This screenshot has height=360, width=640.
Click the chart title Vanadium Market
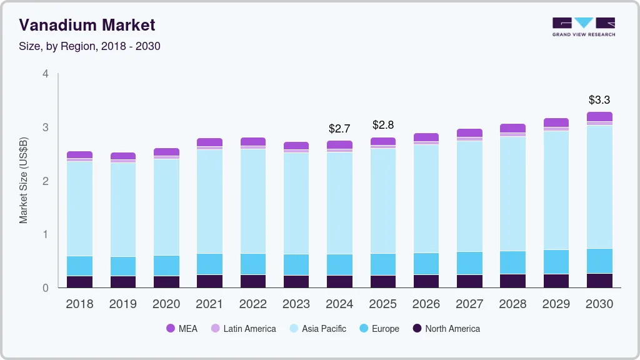[x=87, y=25]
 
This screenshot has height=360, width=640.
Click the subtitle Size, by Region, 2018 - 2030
[x=89, y=46]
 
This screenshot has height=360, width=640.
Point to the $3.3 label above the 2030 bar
[x=599, y=100]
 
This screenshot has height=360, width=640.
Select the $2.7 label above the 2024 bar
[x=339, y=129]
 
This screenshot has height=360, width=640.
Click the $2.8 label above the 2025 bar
[x=382, y=125]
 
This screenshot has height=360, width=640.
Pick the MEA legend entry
[x=182, y=328]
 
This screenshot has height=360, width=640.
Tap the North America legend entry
[x=446, y=328]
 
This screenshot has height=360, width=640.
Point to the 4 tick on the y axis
[x=45, y=74]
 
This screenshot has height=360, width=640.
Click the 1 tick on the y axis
[x=45, y=234]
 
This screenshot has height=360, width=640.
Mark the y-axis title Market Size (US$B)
[x=24, y=181]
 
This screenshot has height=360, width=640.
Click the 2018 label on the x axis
[x=79, y=304]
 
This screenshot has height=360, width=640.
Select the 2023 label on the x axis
[x=296, y=304]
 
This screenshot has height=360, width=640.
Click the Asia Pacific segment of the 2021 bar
[x=209, y=201]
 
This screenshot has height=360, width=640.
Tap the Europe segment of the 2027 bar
[x=469, y=263]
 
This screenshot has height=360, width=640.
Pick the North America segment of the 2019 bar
[x=122, y=282]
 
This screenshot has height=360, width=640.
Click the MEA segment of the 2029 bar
[x=556, y=122]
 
